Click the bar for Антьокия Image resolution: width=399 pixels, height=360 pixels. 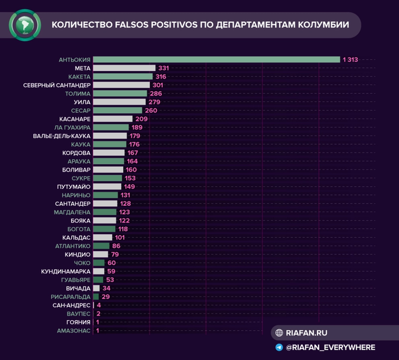(217, 59)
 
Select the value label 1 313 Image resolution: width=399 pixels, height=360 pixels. (351, 59)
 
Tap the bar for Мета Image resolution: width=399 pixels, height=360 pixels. (124, 68)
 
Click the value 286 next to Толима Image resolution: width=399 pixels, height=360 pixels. (156, 93)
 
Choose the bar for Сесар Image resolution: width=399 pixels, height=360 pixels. (117, 111)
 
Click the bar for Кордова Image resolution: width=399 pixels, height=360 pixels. (109, 153)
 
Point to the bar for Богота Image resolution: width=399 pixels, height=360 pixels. (104, 228)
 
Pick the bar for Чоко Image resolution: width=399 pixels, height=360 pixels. (99, 263)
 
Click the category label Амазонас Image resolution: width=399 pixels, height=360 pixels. (74, 330)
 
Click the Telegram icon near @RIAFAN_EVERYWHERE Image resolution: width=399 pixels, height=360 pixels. (279, 347)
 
